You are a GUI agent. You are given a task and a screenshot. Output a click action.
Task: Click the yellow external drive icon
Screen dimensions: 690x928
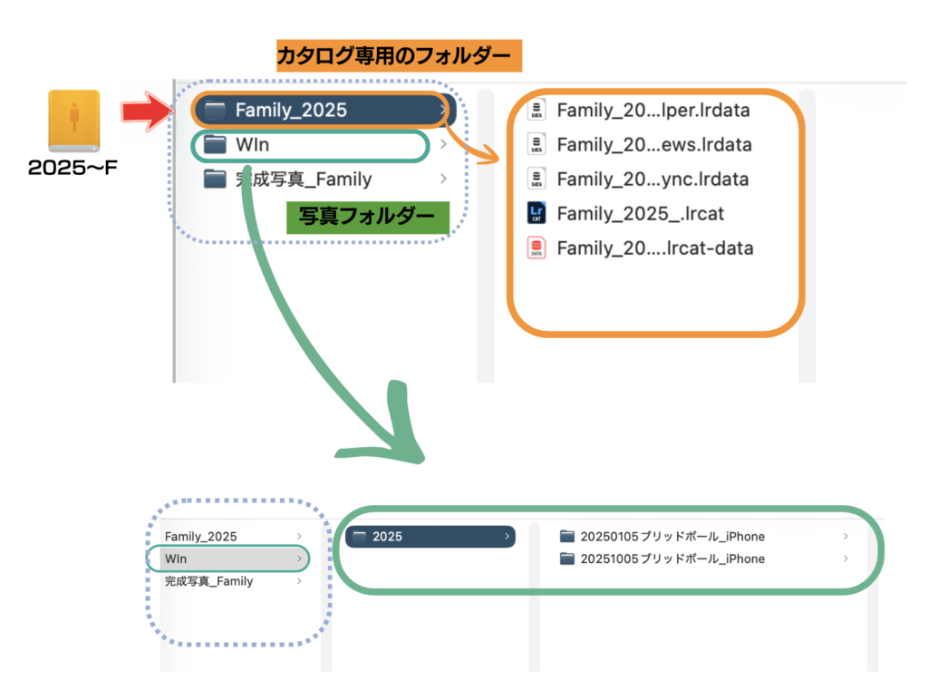[x=74, y=121]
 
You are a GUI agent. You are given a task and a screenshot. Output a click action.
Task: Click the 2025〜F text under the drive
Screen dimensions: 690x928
[x=73, y=168]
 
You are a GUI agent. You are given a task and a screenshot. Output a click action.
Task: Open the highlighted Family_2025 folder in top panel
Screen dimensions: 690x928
[x=290, y=111]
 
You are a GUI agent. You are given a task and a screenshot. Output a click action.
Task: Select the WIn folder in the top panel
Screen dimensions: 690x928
[x=252, y=145]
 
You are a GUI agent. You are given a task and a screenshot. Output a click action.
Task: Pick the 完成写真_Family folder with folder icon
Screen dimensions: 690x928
[x=303, y=179]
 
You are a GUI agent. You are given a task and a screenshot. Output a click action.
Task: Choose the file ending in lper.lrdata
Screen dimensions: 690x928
[x=653, y=111]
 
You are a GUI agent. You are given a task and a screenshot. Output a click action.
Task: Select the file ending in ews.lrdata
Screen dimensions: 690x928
[x=653, y=145]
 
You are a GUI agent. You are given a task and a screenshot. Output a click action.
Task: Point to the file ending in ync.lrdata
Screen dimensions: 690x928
[x=652, y=180]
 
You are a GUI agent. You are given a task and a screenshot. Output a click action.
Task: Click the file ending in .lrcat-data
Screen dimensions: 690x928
[x=654, y=248]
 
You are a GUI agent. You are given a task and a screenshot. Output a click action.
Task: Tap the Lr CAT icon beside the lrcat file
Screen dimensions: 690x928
[x=536, y=214]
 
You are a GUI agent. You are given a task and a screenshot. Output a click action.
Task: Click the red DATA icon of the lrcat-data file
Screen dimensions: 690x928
[x=536, y=248]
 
